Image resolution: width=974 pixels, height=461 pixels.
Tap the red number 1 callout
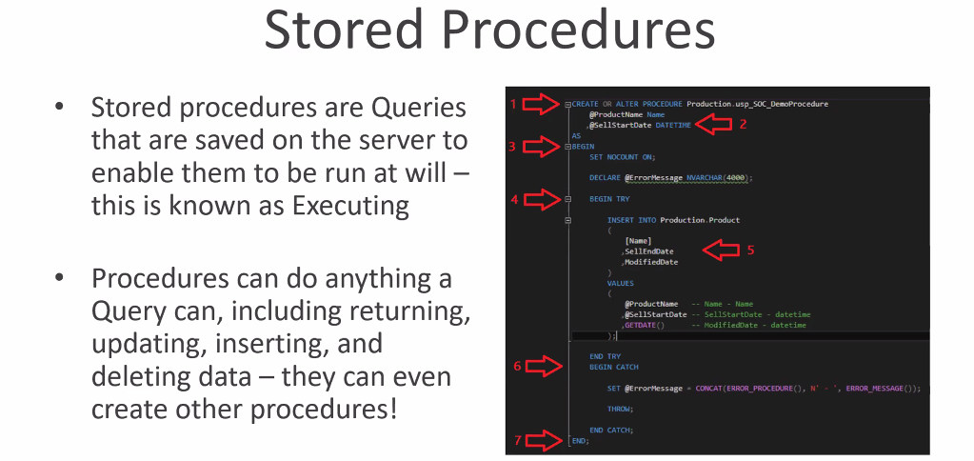click(512, 103)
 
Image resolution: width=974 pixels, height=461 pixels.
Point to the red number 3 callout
click(512, 146)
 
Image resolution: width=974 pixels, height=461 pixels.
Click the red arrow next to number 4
click(544, 199)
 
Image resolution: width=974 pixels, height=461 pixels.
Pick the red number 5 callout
click(750, 251)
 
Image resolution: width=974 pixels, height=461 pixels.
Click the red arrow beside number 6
click(544, 366)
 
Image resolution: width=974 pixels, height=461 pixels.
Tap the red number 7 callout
click(517, 440)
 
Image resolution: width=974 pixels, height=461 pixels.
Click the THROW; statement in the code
click(620, 409)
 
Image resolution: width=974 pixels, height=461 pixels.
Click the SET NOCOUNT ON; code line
click(623, 156)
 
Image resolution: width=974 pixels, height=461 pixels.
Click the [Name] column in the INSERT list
click(638, 241)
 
